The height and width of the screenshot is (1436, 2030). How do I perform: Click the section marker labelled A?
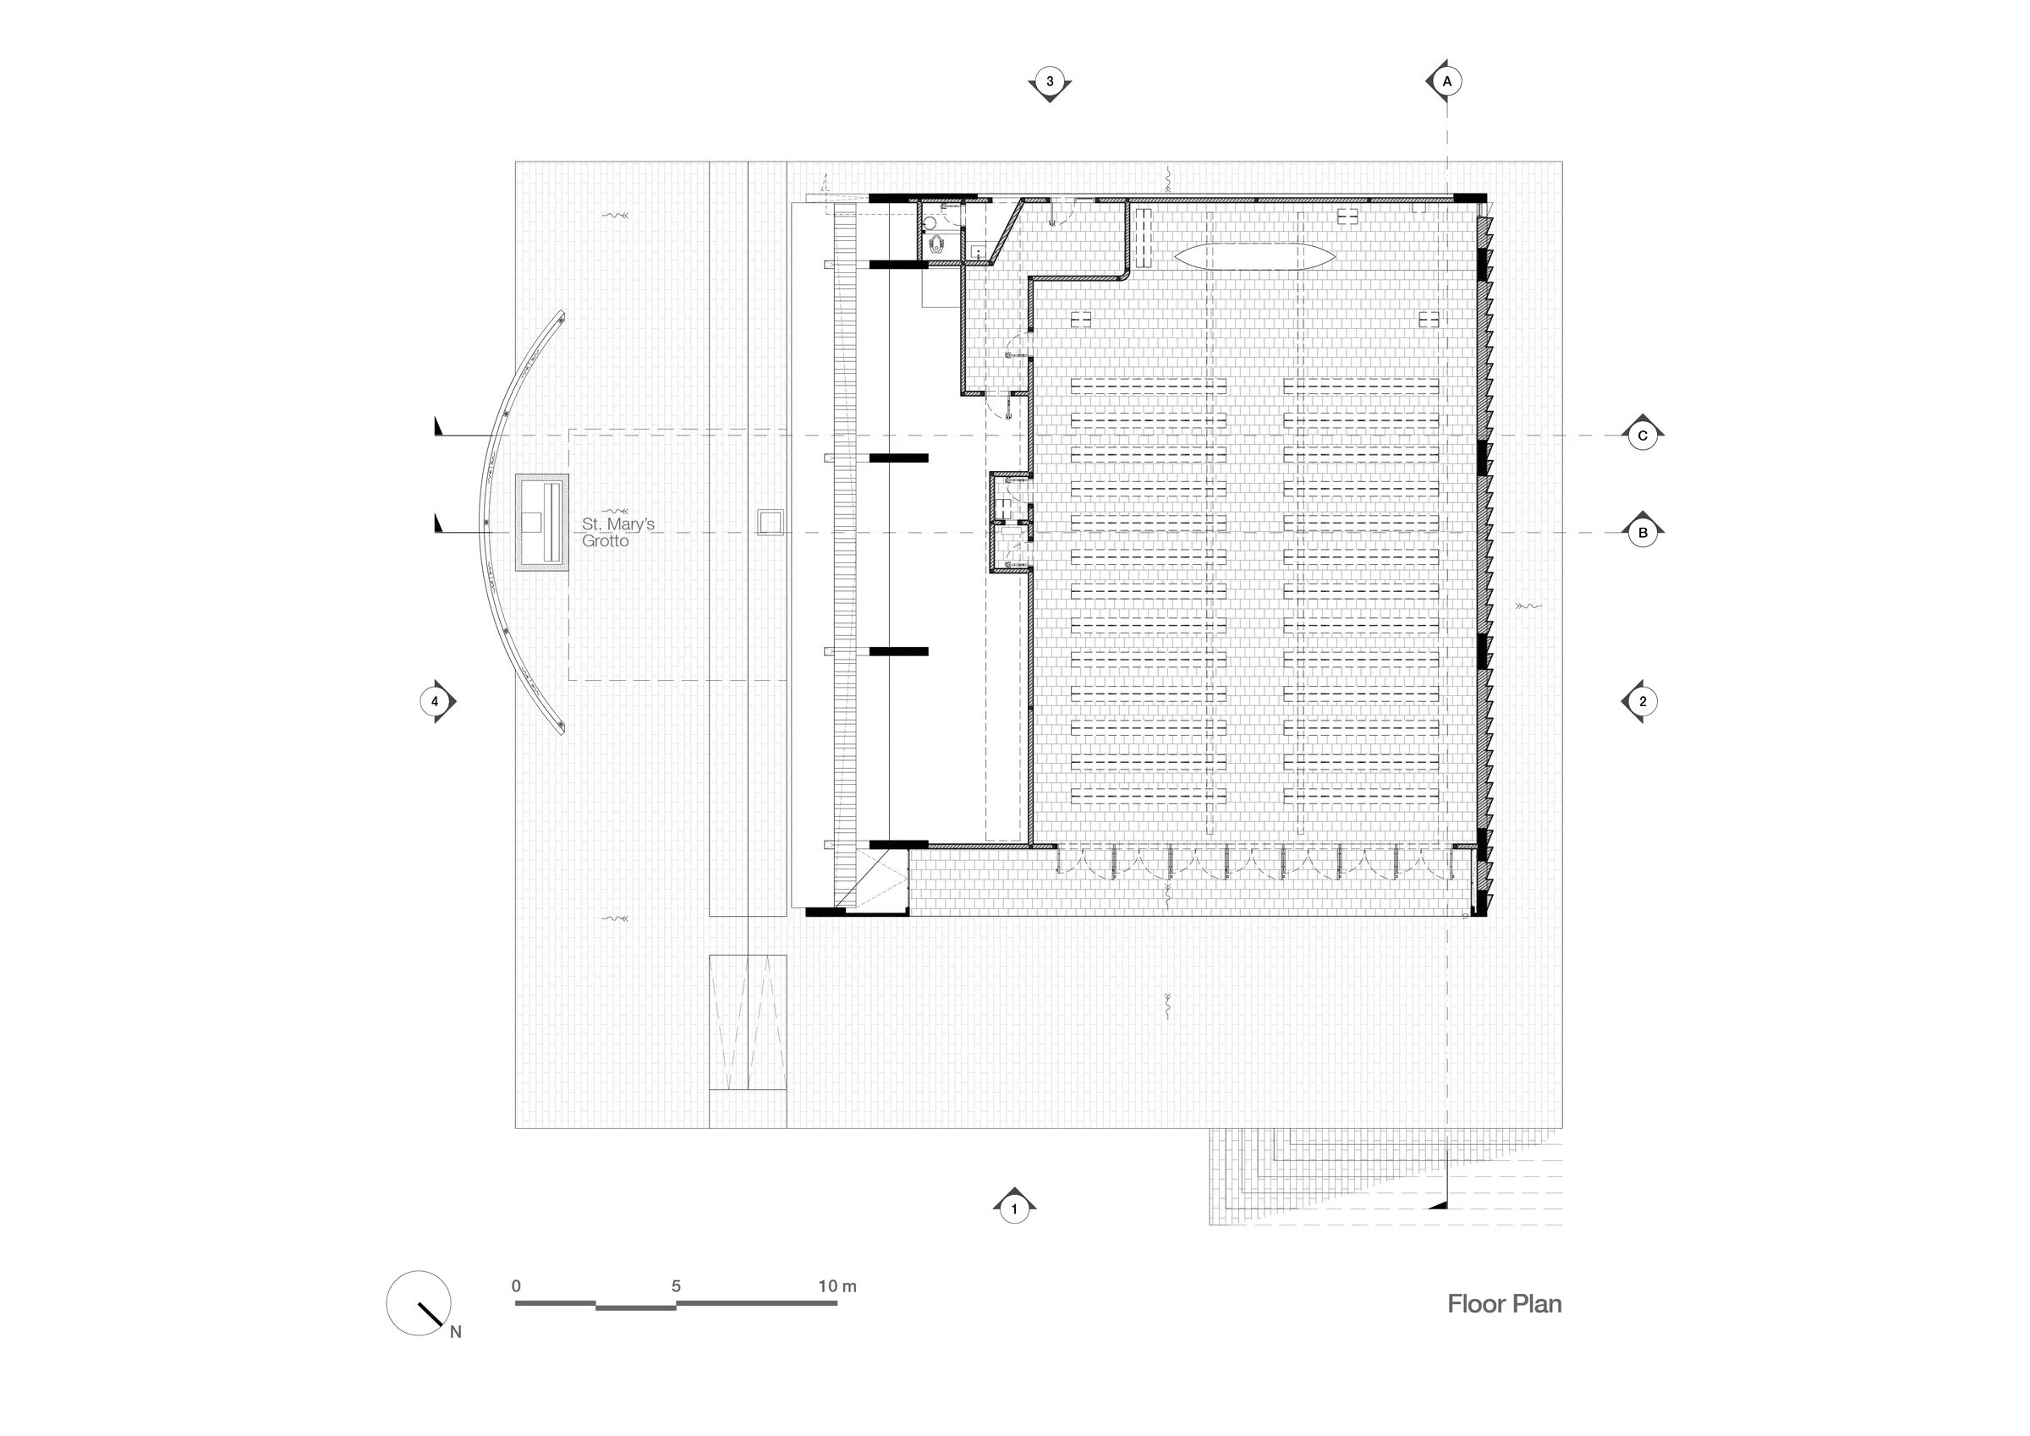click(x=1446, y=81)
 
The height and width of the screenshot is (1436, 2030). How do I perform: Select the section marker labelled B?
click(x=1643, y=532)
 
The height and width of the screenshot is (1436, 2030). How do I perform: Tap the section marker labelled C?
click(x=1643, y=435)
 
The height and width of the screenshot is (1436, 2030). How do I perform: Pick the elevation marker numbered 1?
click(x=1014, y=1208)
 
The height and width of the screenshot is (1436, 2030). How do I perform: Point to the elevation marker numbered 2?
click(x=1642, y=701)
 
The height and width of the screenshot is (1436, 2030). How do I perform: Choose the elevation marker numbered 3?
click(x=1050, y=82)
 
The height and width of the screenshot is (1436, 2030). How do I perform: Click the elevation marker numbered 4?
click(x=435, y=701)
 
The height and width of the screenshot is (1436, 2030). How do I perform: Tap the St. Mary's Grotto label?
click(x=617, y=532)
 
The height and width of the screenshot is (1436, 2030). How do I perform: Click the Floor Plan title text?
click(x=1504, y=1303)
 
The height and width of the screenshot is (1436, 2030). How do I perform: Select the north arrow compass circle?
click(x=418, y=1303)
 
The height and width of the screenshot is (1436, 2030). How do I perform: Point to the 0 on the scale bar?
click(x=516, y=1286)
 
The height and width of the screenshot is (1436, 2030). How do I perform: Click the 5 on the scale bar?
click(x=677, y=1286)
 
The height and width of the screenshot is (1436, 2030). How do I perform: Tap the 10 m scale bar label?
click(x=837, y=1286)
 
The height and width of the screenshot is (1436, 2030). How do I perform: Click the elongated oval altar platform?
click(x=1254, y=256)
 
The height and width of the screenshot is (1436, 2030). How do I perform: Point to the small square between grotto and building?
click(x=769, y=522)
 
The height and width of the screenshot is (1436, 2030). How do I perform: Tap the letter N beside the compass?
click(x=455, y=1332)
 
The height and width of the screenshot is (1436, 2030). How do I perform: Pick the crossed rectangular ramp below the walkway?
click(x=748, y=1023)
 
